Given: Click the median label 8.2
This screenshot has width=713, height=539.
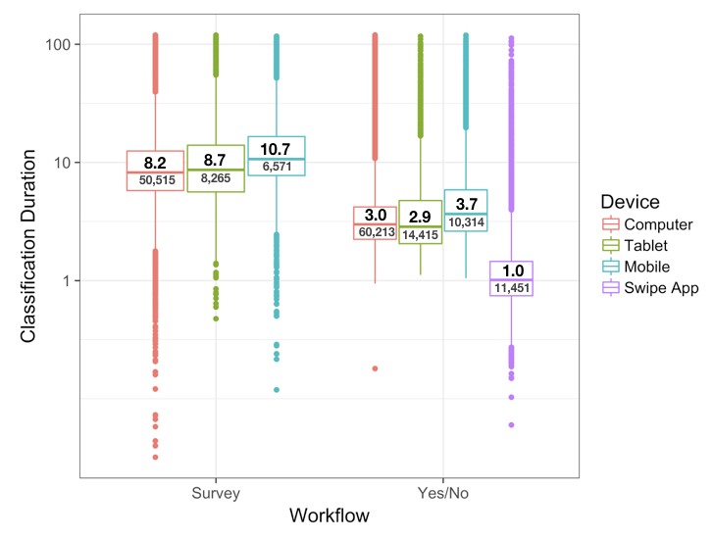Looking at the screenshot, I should point(155,163).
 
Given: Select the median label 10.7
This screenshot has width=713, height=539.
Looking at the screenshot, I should point(277,149).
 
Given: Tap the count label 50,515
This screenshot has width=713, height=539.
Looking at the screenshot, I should point(155,180).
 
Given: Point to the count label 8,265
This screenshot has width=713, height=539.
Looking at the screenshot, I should point(216,179).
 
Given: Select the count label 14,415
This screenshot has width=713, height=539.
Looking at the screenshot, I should point(421,235).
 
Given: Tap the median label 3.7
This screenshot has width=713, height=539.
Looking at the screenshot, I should point(466,204).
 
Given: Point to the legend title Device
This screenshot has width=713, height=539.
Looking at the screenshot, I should point(631,201).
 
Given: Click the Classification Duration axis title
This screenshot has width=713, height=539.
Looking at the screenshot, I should point(29,245).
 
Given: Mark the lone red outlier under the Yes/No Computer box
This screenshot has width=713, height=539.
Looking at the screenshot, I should point(375,368).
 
